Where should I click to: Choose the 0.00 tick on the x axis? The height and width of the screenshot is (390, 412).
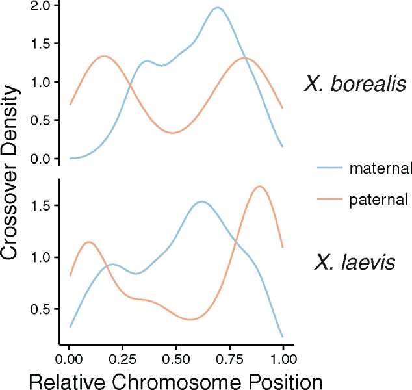click(70, 358)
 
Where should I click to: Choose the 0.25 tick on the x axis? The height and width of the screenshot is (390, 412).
click(123, 358)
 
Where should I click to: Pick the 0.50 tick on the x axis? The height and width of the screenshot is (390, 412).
click(177, 358)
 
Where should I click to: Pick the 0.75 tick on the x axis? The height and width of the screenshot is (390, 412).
click(230, 358)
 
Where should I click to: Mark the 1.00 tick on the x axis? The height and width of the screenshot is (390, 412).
click(283, 358)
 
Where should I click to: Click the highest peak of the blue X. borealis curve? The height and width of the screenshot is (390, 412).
click(218, 8)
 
